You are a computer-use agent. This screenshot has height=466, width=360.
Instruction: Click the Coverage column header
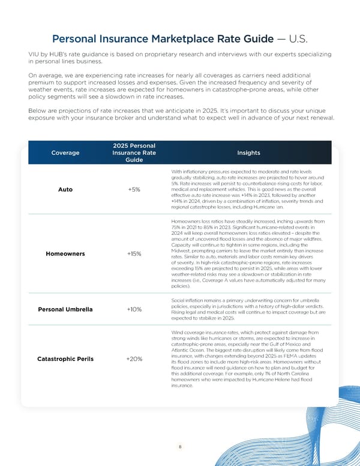65,153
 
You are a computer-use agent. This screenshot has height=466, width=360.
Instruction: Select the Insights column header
248,153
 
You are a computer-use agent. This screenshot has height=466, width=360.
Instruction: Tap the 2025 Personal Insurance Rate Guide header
134,153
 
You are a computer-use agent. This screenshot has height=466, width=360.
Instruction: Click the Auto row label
65,190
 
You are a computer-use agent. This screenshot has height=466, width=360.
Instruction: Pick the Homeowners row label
65,253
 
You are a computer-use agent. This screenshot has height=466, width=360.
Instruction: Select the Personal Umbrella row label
65,309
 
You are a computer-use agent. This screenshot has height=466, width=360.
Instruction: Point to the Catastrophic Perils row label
65,359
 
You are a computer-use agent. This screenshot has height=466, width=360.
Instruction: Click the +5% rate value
134,190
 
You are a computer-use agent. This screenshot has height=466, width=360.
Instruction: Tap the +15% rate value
134,253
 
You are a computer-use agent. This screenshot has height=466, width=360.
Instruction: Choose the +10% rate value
134,309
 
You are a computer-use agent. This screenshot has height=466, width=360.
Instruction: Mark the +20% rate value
134,359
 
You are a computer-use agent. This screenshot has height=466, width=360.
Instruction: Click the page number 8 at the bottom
179,447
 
